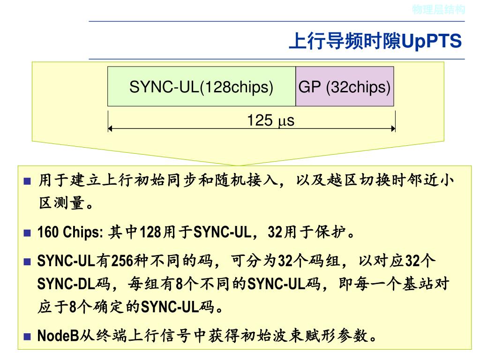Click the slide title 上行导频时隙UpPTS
coord(375,41)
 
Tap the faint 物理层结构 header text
coord(438,9)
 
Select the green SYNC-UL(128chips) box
coord(201,87)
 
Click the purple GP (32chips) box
coord(345,87)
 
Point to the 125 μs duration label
coord(270,121)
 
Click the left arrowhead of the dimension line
coord(110,128)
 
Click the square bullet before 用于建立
coord(27,181)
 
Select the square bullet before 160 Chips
coord(27,232)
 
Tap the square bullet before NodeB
coord(27,336)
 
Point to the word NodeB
coord(57,336)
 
